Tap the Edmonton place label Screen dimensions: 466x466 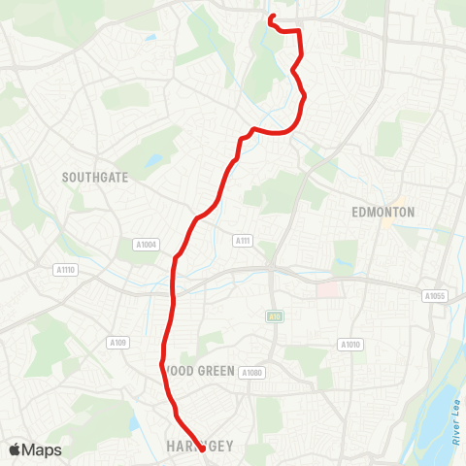383,212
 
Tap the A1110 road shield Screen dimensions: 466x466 65,269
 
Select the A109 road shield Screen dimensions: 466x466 118,342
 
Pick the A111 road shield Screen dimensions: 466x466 243,240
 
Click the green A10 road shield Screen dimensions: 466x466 274,316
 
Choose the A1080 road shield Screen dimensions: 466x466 251,373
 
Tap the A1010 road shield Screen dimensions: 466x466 349,344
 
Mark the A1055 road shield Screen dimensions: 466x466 434,295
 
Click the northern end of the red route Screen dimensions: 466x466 269,16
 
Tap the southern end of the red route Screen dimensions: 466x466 202,436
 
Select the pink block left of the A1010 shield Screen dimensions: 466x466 327,290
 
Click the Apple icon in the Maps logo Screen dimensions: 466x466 16,449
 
